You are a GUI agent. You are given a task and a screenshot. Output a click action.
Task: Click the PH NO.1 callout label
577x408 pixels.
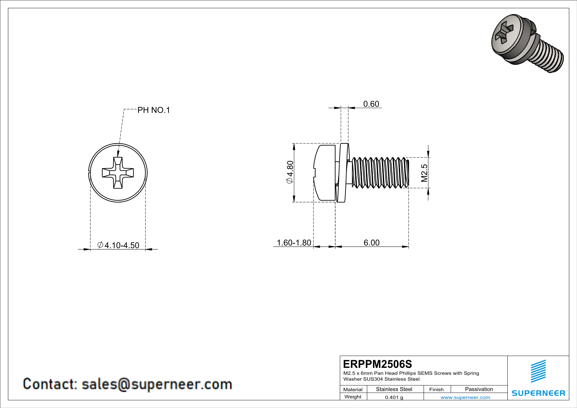pos(154,110)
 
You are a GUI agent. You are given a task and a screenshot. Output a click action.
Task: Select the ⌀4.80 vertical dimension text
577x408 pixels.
pos(290,172)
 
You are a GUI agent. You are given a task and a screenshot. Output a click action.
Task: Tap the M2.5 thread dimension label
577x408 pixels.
pos(424,173)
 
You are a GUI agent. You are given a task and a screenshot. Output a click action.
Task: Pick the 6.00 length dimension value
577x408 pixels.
pos(372,243)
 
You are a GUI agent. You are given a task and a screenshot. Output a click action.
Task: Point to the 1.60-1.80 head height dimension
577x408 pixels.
pos(294,243)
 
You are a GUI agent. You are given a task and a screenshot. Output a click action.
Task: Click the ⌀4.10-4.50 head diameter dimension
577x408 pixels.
pos(118,245)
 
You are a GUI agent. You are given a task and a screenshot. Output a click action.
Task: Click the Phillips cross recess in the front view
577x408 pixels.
pos(118,173)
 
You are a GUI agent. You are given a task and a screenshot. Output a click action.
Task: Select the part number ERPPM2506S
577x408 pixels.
pos(377,364)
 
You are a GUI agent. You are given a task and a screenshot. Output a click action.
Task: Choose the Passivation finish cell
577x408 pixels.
pos(479,389)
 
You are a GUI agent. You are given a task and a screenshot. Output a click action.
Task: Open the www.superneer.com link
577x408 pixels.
pos(465,397)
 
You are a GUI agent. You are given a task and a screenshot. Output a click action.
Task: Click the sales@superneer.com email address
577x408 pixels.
pos(157,384)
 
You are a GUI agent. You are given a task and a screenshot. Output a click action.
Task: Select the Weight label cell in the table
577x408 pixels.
pos(353,397)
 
